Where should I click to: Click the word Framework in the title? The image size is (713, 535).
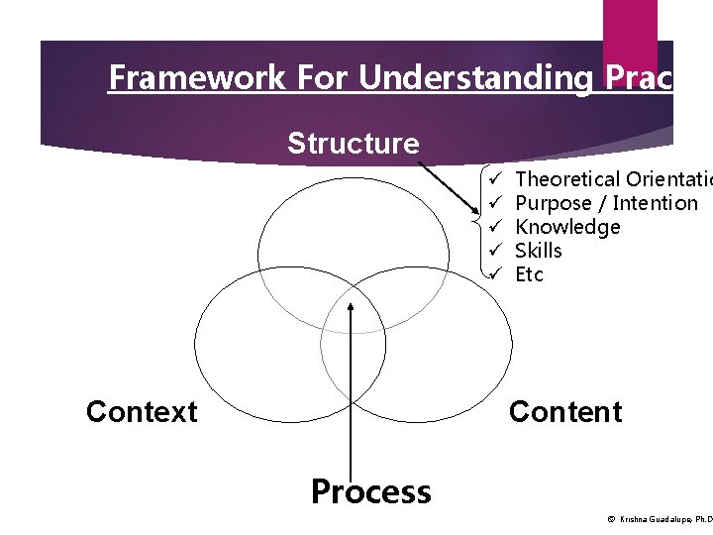[x=180, y=77]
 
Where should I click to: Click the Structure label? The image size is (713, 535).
[x=353, y=144]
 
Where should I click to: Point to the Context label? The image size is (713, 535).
[x=142, y=411]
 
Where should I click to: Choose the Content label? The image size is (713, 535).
[x=564, y=411]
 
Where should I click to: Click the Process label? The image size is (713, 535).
[x=370, y=491]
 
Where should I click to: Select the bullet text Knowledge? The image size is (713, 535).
[x=567, y=227]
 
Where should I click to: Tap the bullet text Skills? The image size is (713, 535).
[x=539, y=251]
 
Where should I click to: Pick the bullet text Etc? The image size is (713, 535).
[x=530, y=274]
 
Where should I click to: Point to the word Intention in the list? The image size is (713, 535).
[x=656, y=203]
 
